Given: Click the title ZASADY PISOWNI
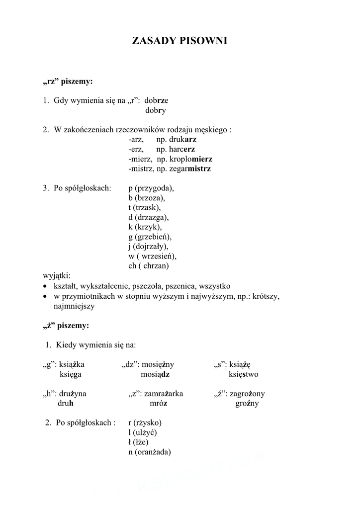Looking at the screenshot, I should [180, 41].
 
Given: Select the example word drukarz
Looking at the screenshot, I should [183, 140].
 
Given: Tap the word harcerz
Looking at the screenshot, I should [182, 149].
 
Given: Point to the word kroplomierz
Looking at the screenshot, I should [190, 159].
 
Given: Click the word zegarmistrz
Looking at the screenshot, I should [190, 169].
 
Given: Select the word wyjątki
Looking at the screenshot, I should [57, 276].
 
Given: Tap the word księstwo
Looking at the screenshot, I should [243, 374].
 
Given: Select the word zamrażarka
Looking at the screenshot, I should [164, 394].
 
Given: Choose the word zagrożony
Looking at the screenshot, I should [247, 394].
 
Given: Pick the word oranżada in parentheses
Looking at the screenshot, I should [152, 452].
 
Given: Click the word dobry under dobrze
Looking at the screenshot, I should [156, 110].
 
